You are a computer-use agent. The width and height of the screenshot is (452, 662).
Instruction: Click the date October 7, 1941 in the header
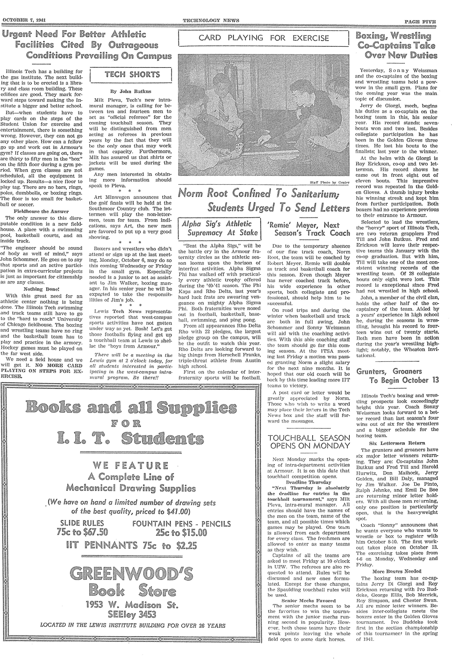tap(24, 20)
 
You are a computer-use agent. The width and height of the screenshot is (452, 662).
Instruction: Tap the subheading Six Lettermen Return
tap(397, 443)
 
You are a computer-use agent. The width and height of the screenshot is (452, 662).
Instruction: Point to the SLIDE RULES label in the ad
tap(82, 523)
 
